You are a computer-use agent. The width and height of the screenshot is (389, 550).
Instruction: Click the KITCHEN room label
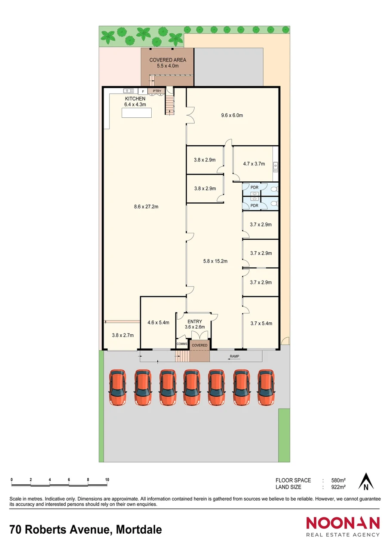coord(135,99)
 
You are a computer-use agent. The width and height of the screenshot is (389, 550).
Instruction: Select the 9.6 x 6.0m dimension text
coord(232,115)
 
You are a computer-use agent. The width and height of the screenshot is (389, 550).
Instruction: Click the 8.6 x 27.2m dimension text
coord(146,207)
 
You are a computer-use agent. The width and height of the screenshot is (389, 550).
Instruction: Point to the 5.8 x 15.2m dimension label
coord(215,261)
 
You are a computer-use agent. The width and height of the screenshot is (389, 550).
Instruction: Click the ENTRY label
coord(194,321)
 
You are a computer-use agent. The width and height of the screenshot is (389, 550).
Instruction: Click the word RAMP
coord(234,357)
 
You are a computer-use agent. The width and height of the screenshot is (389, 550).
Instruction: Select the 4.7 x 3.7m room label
coord(254,164)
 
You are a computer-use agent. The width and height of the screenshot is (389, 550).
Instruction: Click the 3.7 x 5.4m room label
coord(261,324)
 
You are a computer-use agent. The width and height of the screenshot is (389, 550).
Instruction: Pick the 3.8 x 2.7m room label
coord(123,335)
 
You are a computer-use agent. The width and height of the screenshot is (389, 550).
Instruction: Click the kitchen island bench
coord(137,113)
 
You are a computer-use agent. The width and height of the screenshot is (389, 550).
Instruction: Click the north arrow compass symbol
coord(366,482)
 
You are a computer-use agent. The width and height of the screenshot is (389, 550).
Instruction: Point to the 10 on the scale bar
coord(107,480)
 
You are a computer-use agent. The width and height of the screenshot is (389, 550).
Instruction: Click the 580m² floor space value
coord(339,480)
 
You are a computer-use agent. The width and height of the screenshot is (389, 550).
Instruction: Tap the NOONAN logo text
coord(343,523)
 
